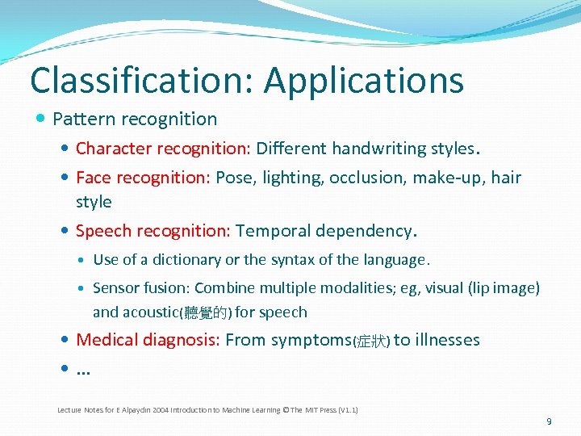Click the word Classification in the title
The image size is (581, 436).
pyautogui.click(x=141, y=81)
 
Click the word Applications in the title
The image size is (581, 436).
pyautogui.click(x=364, y=81)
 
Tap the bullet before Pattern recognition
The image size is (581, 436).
pyautogui.click(x=42, y=119)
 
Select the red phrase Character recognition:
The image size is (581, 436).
pyautogui.click(x=164, y=149)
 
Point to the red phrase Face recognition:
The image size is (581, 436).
pyautogui.click(x=143, y=178)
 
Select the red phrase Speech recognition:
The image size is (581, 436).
pyautogui.click(x=153, y=231)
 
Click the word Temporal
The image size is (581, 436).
pyautogui.click(x=273, y=231)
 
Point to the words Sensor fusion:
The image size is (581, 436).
pyautogui.click(x=141, y=288)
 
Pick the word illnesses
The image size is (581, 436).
pyautogui.click(x=447, y=340)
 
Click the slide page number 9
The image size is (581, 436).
pyautogui.click(x=549, y=421)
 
